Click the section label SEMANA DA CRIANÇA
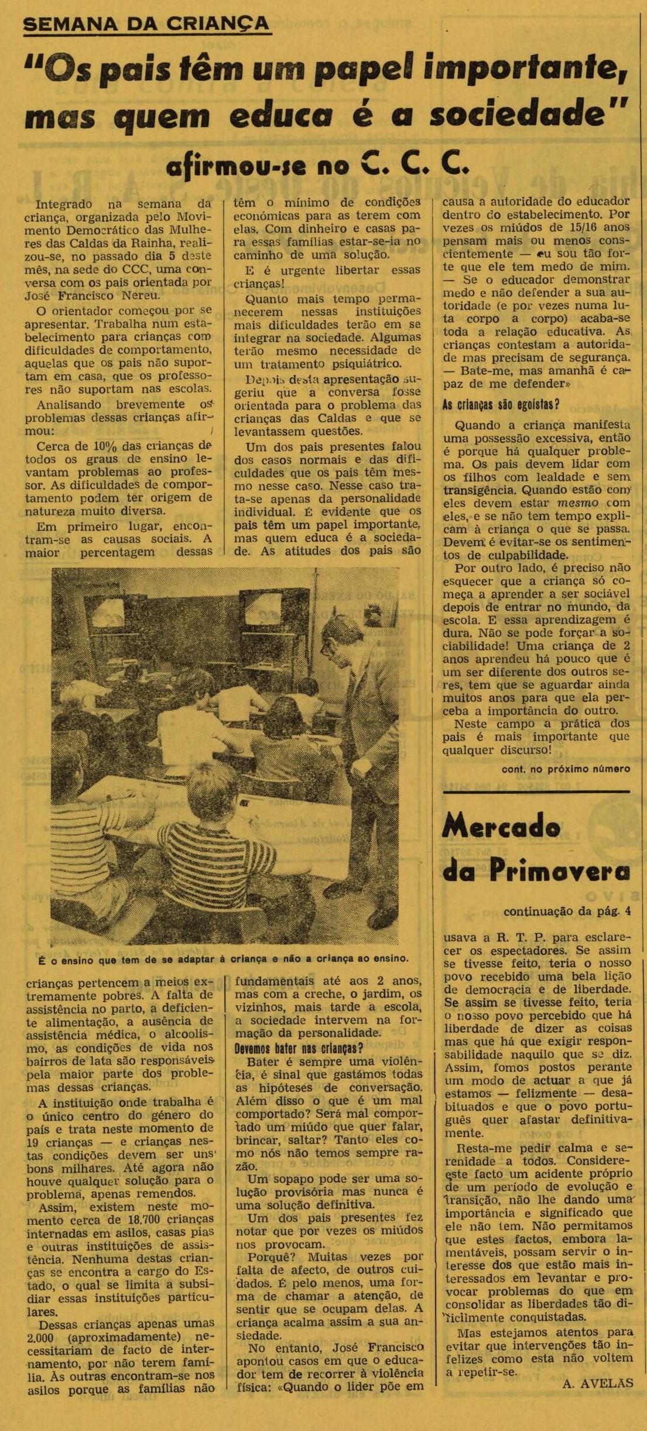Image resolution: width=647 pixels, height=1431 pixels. pyautogui.click(x=146, y=23)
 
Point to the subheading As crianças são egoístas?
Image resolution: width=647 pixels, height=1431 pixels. pyautogui.click(x=501, y=405)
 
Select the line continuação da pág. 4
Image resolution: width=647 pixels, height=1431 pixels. pyautogui.click(x=567, y=911)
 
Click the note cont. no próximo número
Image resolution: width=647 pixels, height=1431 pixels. pyautogui.click(x=566, y=769)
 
